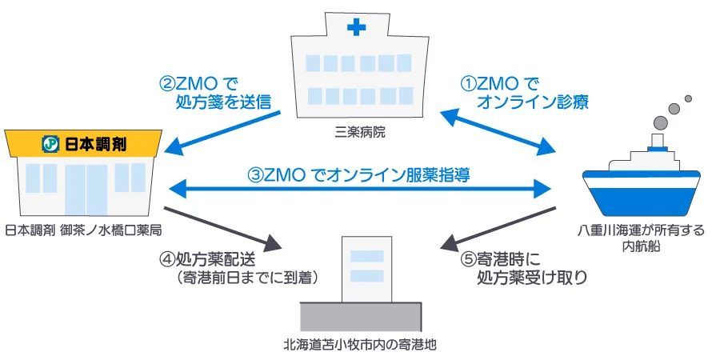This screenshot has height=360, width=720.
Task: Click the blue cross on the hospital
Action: coord(356,30)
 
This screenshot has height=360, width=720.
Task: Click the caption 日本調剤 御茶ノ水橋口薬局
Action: coord(83,230)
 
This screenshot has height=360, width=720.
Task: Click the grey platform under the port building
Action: coord(360,316)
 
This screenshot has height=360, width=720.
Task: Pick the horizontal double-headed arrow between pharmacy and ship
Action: coord(360,189)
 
